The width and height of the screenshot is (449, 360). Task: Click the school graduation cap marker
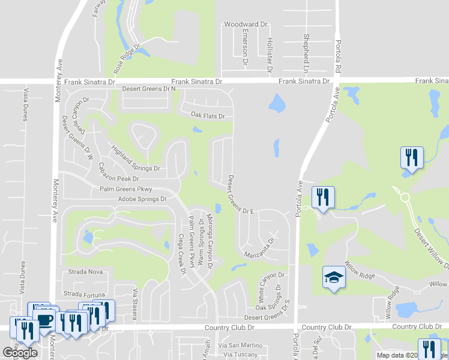pyautogui.click(x=334, y=278)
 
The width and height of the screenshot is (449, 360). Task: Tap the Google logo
pyautogui.click(x=20, y=353)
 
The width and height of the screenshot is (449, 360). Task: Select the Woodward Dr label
pyautogui.click(x=245, y=25)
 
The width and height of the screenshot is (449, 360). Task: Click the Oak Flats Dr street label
pyautogui.click(x=208, y=116)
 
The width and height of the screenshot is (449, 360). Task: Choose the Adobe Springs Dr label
pyautogui.click(x=142, y=199)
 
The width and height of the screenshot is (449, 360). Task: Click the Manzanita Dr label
pyautogui.click(x=259, y=248)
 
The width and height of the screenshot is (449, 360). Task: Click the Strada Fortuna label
pyautogui.click(x=89, y=294)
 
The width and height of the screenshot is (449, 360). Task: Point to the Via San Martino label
pyautogui.click(x=240, y=345)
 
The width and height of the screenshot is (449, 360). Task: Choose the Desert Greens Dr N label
pyautogui.click(x=149, y=89)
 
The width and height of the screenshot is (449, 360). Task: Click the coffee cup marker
pyautogui.click(x=46, y=319)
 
